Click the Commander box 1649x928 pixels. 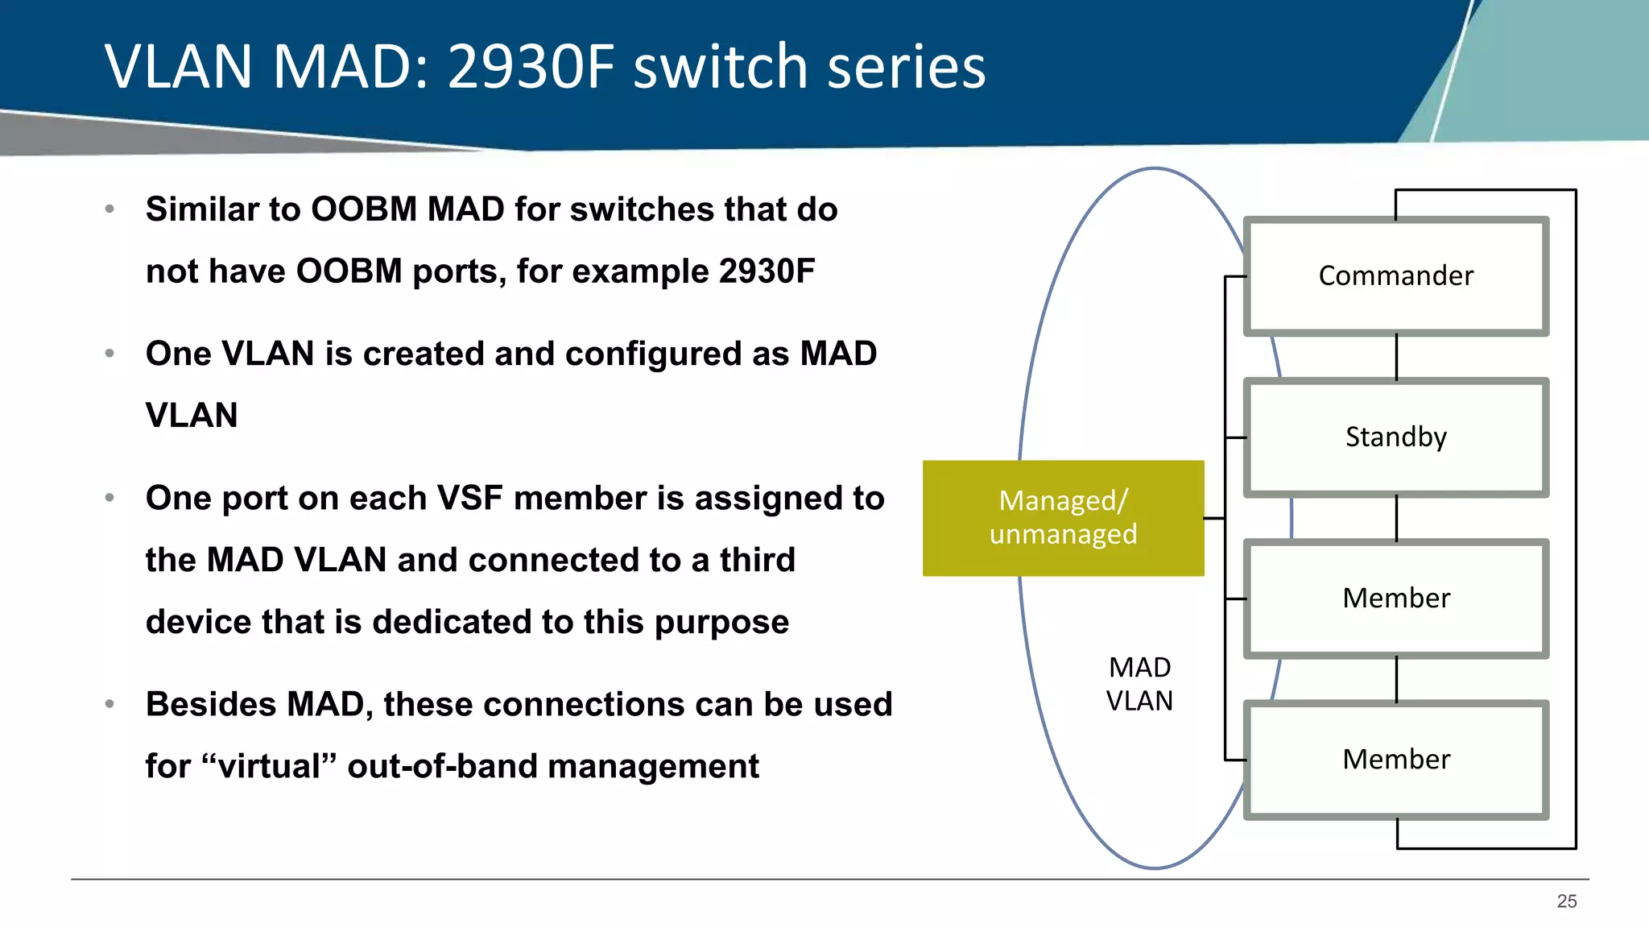pos(1395,276)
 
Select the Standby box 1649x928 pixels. pos(1395,437)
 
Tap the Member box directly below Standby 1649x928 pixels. pos(1395,599)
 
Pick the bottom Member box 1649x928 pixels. pos(1395,760)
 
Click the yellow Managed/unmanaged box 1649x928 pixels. pos(1063,518)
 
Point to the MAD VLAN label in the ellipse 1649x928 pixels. pos(1139,684)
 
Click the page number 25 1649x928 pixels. pos(1566,901)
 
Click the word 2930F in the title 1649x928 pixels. pos(531,66)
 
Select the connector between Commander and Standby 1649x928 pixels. pos(1396,357)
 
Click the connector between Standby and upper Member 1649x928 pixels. pos(1396,518)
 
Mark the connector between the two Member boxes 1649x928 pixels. pos(1396,679)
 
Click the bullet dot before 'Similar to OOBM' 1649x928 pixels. pos(110,209)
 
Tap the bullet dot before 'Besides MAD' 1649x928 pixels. pos(110,704)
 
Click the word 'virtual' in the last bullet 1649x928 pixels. pos(270,766)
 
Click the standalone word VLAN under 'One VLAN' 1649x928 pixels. pos(192,416)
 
